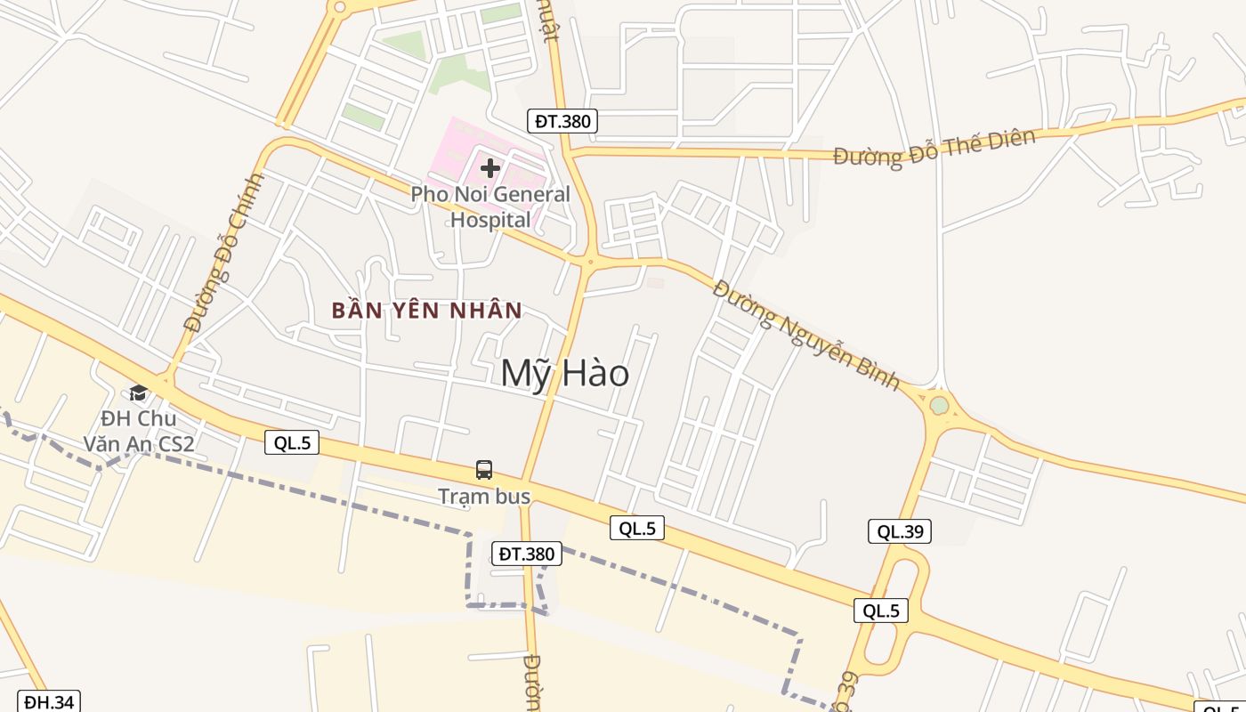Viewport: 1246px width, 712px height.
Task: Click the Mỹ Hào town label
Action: coord(564,373)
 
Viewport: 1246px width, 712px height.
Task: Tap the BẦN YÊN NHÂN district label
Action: coord(426,311)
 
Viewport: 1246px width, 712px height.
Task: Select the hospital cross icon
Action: coord(489,167)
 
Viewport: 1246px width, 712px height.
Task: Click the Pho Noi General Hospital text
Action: coord(490,206)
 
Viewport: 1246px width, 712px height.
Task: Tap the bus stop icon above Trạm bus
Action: coord(484,470)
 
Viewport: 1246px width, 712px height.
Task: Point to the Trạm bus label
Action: coord(484,497)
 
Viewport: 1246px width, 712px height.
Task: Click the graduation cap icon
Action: coord(138,392)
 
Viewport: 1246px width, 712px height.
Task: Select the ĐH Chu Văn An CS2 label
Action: coord(138,431)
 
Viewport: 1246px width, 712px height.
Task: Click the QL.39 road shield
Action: coord(900,531)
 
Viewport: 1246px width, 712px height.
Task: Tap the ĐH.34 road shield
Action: coord(49,701)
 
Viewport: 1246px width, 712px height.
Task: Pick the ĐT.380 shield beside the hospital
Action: coord(562,121)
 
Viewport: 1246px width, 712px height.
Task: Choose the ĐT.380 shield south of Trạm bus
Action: coord(527,554)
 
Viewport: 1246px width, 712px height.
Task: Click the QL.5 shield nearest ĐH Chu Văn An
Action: coord(292,442)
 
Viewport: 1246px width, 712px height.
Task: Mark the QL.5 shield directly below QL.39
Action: coord(881,611)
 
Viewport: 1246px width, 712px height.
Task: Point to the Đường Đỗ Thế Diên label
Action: coord(934,148)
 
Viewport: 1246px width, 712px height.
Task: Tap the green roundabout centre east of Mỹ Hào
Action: coord(939,406)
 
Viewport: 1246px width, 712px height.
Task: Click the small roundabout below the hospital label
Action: coord(589,262)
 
